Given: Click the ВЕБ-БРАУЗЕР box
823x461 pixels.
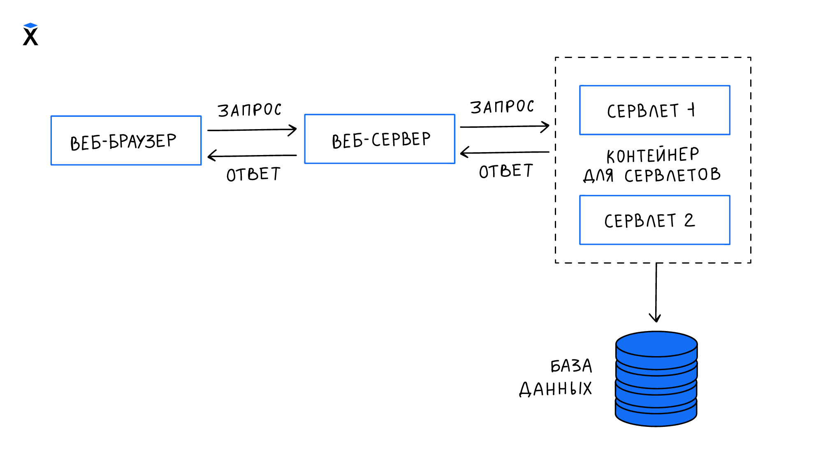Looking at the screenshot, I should [126, 141].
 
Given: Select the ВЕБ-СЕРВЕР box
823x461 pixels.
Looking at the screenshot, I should [379, 139].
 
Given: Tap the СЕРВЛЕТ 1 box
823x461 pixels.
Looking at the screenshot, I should [654, 110].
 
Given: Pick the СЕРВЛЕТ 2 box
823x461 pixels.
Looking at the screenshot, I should [654, 220].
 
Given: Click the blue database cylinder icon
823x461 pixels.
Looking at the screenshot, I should [656, 379].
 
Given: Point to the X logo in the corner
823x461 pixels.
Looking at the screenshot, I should [30, 35].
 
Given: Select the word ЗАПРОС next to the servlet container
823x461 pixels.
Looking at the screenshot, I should [502, 107].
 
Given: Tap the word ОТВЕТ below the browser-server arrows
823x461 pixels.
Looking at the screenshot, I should [253, 174].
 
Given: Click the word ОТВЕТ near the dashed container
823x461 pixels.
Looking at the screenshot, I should [506, 171].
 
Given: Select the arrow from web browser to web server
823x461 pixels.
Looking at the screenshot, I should [252, 130].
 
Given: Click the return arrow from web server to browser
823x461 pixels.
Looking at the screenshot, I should [252, 155].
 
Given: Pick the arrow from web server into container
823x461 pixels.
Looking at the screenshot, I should [504, 127].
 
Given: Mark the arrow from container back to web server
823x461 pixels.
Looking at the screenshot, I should [504, 153].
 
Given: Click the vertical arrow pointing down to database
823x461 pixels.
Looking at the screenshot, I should [656, 292].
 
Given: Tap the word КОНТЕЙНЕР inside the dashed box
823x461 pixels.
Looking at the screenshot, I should [653, 155].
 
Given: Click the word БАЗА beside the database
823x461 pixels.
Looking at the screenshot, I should [571, 366].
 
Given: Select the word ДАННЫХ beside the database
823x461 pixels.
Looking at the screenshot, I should [555, 389].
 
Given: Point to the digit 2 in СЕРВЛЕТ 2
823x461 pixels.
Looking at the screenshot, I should [689, 220].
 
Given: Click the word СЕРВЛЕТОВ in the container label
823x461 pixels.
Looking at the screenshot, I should [672, 175].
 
